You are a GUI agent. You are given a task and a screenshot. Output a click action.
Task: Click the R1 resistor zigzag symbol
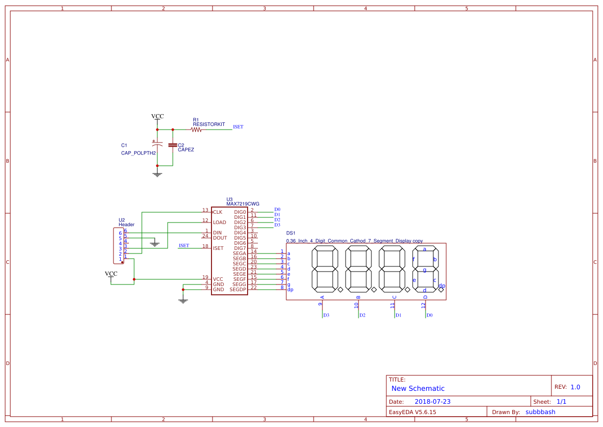[196, 130]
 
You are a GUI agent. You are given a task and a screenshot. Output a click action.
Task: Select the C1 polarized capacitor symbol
[157, 144]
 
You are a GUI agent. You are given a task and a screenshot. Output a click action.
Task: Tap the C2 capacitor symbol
[173, 145]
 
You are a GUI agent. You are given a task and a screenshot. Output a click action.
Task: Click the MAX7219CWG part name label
[242, 204]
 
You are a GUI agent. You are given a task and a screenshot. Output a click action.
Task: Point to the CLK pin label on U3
[218, 212]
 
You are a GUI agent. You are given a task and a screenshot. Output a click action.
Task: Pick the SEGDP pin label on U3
[238, 290]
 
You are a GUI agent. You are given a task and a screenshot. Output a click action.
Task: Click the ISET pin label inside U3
[218, 248]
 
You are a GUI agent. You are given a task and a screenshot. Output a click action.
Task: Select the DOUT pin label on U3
[220, 238]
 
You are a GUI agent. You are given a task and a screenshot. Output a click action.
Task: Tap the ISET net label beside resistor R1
[238, 126]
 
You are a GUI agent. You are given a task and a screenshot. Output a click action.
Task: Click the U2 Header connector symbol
[119, 246]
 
